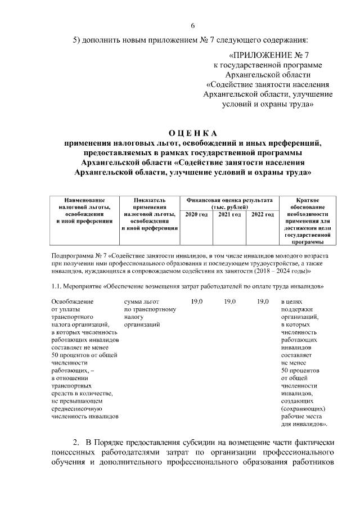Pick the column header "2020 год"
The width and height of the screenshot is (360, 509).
tap(196, 215)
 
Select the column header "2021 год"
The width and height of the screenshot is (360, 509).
tap(229, 215)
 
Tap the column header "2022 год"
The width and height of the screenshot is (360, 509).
tap(262, 215)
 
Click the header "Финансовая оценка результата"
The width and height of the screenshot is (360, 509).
tap(229, 200)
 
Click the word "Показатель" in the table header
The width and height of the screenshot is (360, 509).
tap(150, 200)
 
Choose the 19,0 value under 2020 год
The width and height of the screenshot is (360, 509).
tap(196, 302)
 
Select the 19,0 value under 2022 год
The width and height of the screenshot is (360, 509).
tap(263, 302)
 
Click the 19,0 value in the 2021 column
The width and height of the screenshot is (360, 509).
tap(229, 302)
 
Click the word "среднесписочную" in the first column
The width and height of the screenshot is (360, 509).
tap(77, 409)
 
